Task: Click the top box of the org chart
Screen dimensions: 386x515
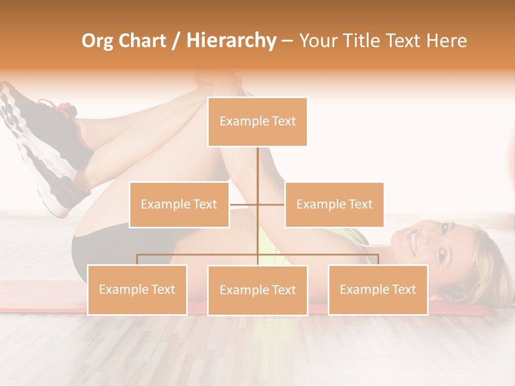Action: point(257,122)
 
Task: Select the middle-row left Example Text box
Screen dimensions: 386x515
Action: point(179,204)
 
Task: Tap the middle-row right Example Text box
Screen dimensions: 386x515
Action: point(334,204)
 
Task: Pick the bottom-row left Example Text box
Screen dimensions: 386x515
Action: point(137,289)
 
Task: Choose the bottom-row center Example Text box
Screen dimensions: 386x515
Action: point(257,290)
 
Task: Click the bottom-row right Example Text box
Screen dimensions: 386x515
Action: point(378,289)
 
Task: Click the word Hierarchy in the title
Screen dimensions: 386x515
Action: point(231,41)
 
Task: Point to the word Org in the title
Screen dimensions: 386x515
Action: point(98,41)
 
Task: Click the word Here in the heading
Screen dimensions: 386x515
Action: point(446,41)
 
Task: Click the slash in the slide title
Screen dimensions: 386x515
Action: point(176,41)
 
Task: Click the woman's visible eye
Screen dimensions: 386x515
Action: point(443,256)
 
